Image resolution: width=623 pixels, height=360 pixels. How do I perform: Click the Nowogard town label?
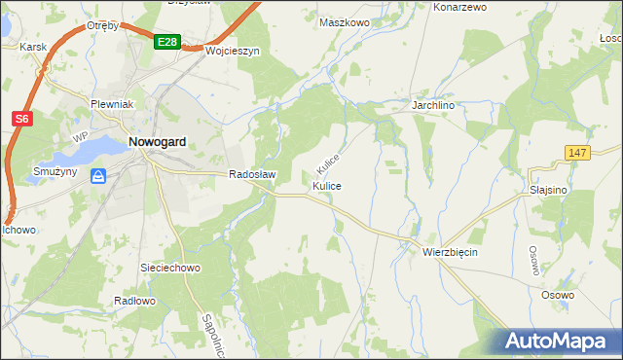tap(158, 142)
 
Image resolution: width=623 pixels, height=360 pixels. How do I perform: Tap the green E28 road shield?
tap(166, 42)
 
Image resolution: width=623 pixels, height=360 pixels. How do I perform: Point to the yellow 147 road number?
tap(578, 153)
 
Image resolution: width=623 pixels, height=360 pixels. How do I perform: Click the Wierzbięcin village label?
tap(450, 251)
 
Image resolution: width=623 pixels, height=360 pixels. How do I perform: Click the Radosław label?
tap(253, 175)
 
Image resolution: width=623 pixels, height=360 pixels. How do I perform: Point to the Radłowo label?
tap(134, 301)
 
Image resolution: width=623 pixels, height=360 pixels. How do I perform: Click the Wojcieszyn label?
tap(232, 51)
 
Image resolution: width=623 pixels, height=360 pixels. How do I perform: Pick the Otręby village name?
tap(101, 25)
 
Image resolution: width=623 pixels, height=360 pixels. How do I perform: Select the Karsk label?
tap(31, 46)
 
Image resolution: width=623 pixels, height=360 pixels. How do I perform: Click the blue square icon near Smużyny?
tap(98, 176)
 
